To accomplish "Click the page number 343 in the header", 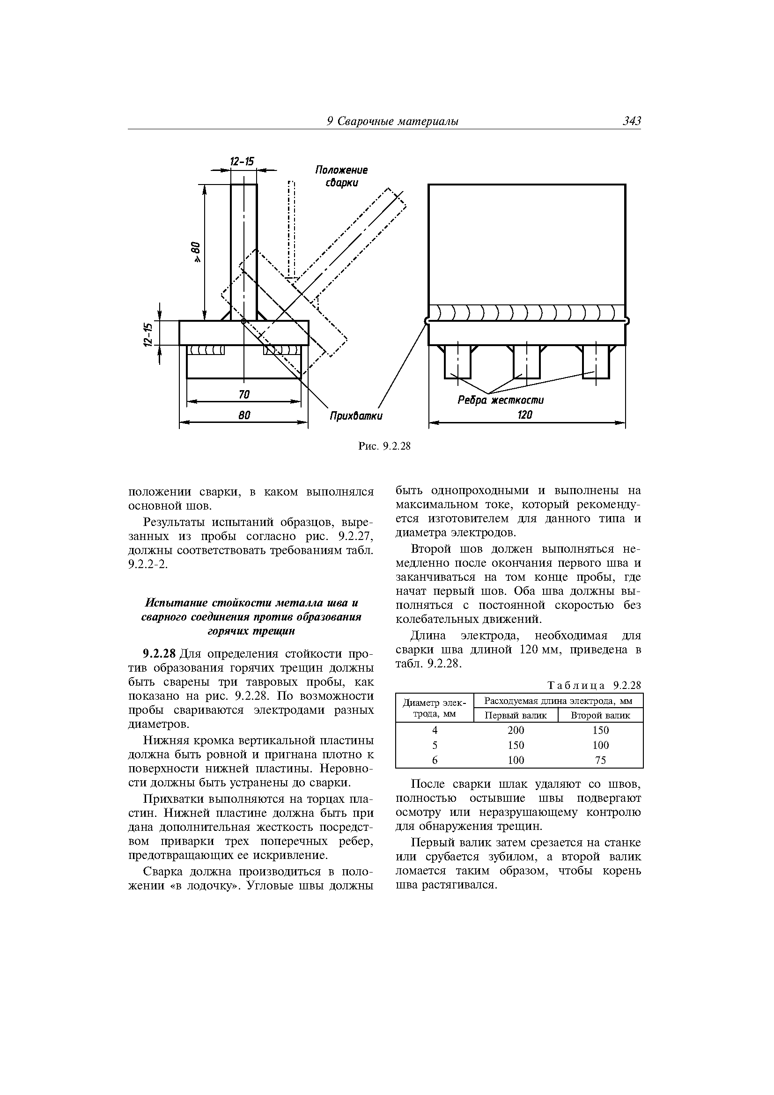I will coord(631,121).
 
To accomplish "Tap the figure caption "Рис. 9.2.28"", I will coord(384,446).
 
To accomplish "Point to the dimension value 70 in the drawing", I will coord(243,394).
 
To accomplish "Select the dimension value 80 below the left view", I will coord(243,415).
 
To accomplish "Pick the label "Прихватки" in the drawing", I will coord(356,416).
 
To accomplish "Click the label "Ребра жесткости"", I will coord(500,400).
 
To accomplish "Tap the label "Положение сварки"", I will coord(341,177).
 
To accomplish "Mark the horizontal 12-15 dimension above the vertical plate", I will coord(242,162).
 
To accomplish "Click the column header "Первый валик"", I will coord(516,715).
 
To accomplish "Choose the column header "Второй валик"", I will coord(600,715).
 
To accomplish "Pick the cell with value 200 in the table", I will coord(516,730).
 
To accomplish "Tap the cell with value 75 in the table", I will coord(600,760).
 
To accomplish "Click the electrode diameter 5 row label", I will coord(435,745).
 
